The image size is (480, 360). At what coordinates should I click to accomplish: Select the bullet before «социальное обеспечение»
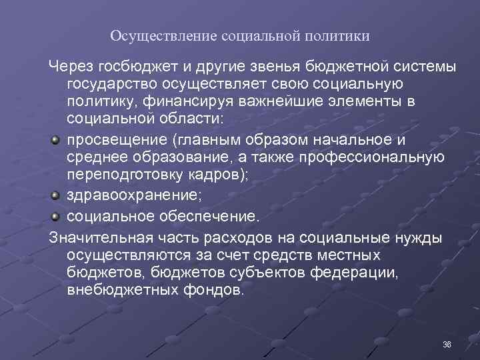click(55, 216)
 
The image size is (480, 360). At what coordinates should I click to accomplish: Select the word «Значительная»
click(100, 237)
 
